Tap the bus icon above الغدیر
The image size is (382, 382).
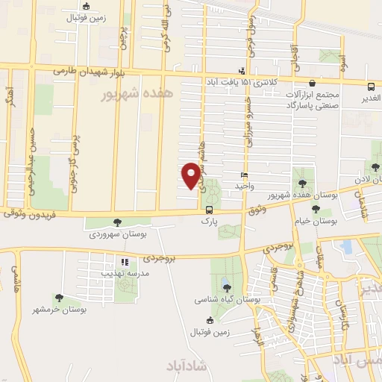pyautogui.click(x=372, y=85)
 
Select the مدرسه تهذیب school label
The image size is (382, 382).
pyautogui.click(x=124, y=274)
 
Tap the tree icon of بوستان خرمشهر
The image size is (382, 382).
pyautogui.click(x=59, y=298)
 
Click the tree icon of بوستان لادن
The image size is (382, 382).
pyautogui.click(x=377, y=169)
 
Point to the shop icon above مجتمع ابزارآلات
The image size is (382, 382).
pyautogui.click(x=311, y=84)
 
